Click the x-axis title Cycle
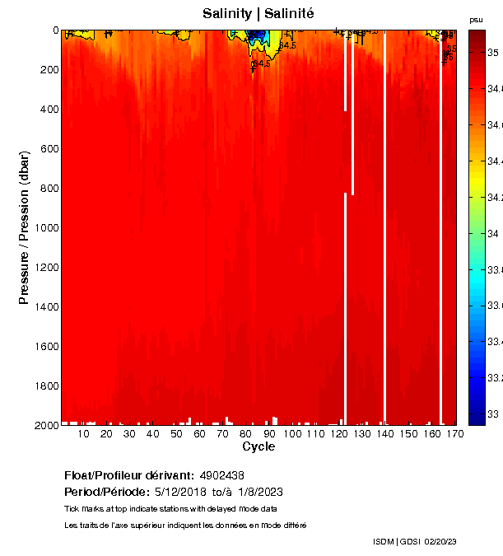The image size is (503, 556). pyautogui.click(x=258, y=447)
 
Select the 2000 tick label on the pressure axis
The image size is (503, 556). pyautogui.click(x=44, y=426)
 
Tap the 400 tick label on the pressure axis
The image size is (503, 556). pyautogui.click(x=47, y=110)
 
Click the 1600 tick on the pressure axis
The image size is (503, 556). pyautogui.click(x=44, y=347)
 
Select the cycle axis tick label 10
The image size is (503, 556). pyautogui.click(x=84, y=433)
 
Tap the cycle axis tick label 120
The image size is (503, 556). pyautogui.click(x=338, y=433)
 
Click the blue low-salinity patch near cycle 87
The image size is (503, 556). pyautogui.click(x=258, y=36)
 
